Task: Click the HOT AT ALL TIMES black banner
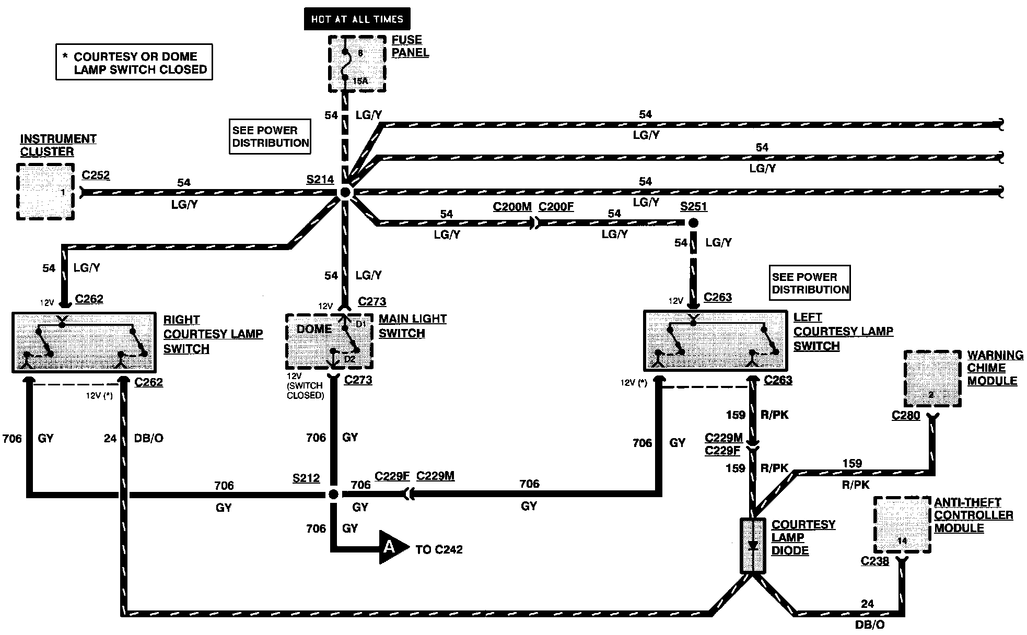[x=357, y=19]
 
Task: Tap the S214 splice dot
[x=345, y=193]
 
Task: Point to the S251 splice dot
[x=693, y=223]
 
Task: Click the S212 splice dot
[x=333, y=494]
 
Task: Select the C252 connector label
[x=96, y=175]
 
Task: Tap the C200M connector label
[x=512, y=207]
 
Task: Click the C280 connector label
[x=906, y=416]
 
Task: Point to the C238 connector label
[x=875, y=561]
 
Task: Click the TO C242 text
[x=439, y=549]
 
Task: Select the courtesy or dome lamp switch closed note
[x=134, y=62]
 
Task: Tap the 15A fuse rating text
[x=360, y=81]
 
